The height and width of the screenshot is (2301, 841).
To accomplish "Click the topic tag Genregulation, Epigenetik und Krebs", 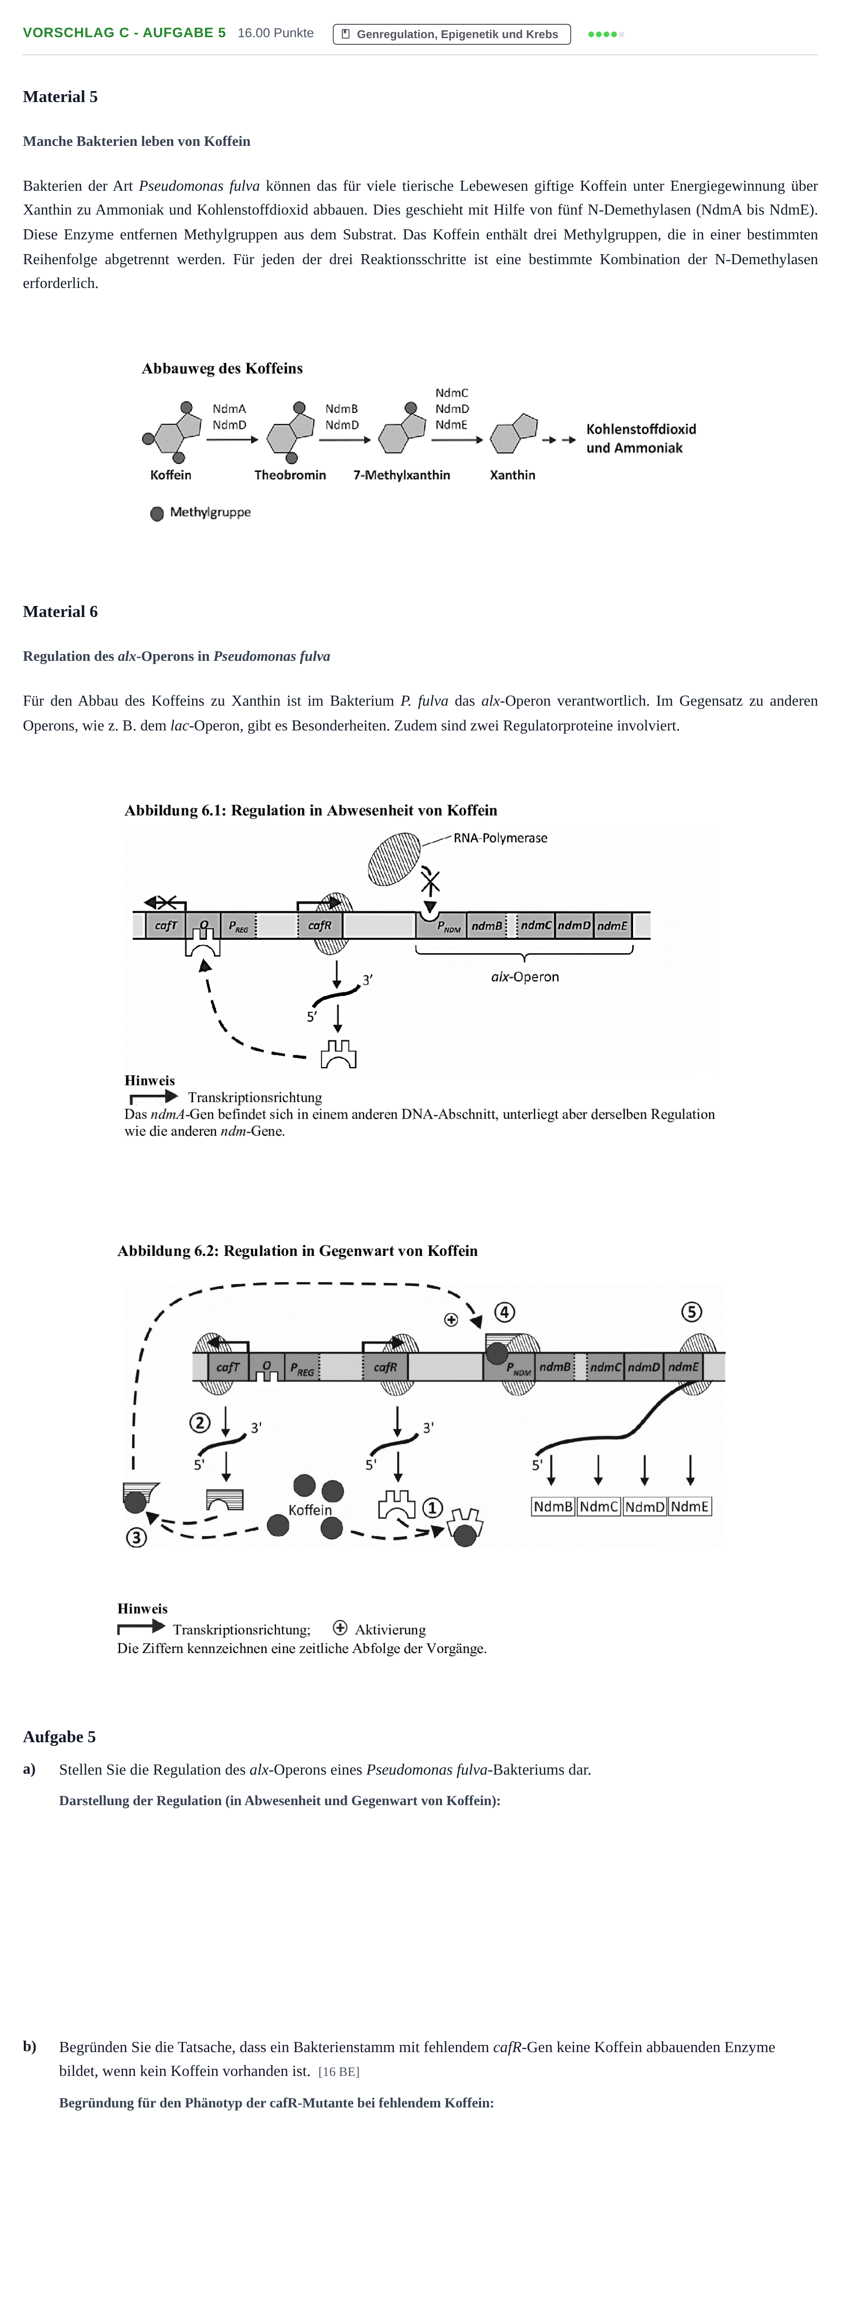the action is [x=452, y=34].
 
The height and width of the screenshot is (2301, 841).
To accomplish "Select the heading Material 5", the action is [x=60, y=96].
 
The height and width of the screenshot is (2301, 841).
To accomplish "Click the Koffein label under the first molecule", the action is [x=171, y=475].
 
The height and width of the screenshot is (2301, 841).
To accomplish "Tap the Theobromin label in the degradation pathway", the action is [x=290, y=475].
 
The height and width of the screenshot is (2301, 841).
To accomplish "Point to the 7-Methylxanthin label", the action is [x=402, y=475].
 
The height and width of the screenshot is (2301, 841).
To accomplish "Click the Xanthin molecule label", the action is [x=513, y=475].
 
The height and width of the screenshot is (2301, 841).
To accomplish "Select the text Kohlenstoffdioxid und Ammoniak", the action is [x=641, y=439].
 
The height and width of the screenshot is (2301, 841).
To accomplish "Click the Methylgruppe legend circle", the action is [x=157, y=514].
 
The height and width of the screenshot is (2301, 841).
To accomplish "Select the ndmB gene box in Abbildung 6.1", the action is [x=487, y=925].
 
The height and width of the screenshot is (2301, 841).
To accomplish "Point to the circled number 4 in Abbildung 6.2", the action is [x=504, y=1312].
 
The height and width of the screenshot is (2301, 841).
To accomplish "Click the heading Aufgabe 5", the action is [x=59, y=1736].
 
